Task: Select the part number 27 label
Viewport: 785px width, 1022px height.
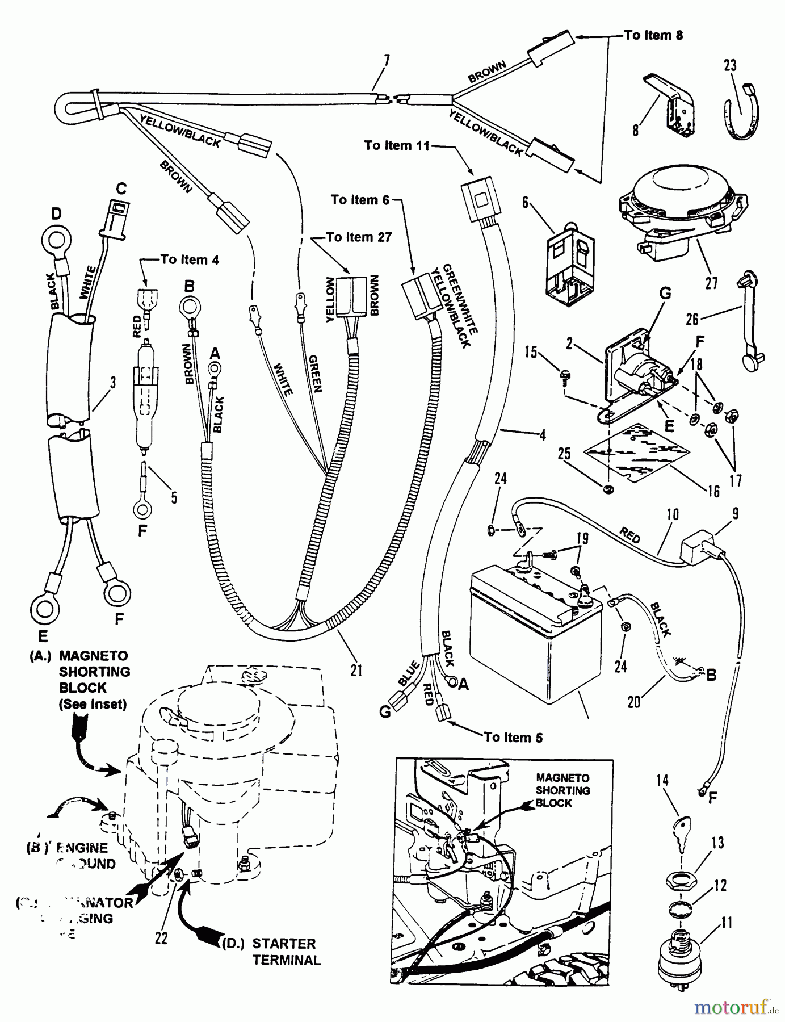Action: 711,282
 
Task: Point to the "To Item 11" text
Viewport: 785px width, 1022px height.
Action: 397,146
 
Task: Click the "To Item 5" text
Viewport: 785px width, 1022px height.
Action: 513,738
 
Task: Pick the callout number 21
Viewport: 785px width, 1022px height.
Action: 356,671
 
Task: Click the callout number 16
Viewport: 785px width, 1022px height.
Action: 713,491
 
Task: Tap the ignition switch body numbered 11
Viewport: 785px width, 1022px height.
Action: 680,962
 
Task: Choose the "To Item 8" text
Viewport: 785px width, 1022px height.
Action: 653,35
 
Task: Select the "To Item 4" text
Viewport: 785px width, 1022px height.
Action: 190,260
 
